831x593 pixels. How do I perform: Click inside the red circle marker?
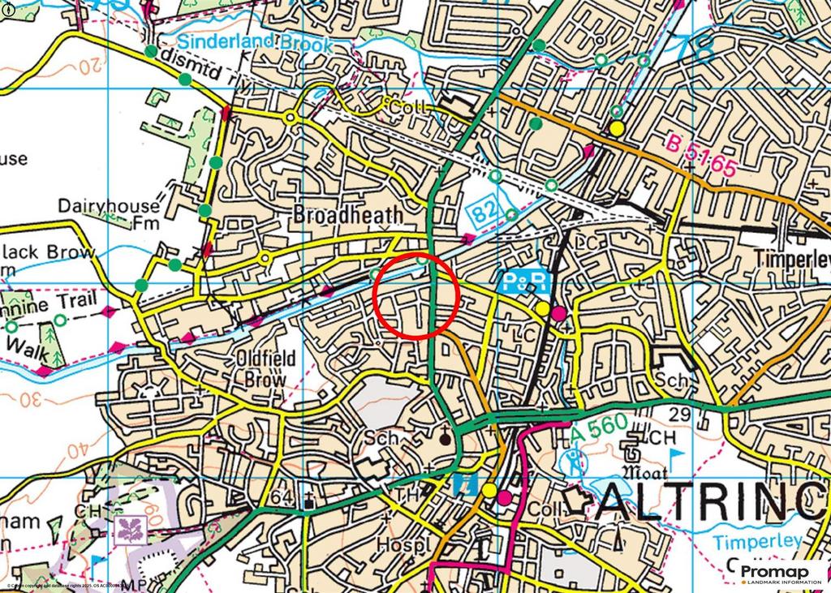point(417,295)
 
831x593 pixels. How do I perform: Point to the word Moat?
point(644,472)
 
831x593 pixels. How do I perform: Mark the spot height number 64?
point(283,496)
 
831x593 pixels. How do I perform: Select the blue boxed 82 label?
point(484,213)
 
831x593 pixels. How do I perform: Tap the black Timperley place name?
point(791,259)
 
